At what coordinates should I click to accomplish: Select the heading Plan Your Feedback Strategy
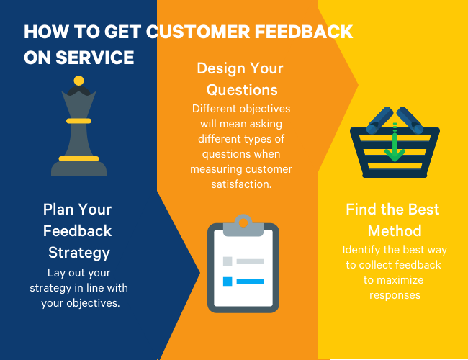click(x=78, y=231)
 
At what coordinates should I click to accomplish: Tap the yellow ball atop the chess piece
click(x=78, y=80)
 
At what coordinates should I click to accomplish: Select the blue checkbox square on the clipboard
click(x=228, y=281)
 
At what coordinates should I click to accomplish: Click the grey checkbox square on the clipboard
click(x=228, y=261)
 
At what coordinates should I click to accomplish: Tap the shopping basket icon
click(x=394, y=144)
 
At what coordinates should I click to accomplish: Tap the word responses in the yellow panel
click(x=394, y=295)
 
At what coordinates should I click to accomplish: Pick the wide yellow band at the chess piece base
click(x=78, y=158)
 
